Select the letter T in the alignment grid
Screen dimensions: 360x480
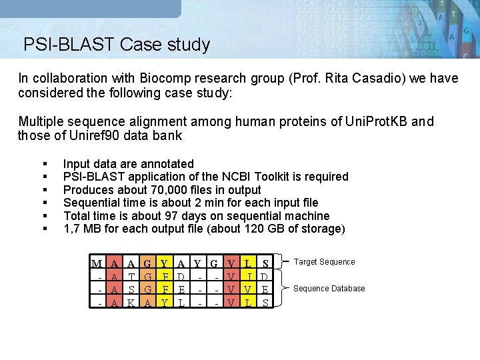click(x=131, y=276)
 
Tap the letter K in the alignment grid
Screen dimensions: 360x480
click(x=131, y=301)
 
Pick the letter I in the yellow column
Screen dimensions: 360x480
click(x=248, y=276)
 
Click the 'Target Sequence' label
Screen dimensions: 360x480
click(x=325, y=262)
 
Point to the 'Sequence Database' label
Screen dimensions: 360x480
click(x=329, y=289)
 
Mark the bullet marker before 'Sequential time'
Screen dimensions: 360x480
click(x=44, y=203)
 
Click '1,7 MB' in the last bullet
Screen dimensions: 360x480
click(x=83, y=229)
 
